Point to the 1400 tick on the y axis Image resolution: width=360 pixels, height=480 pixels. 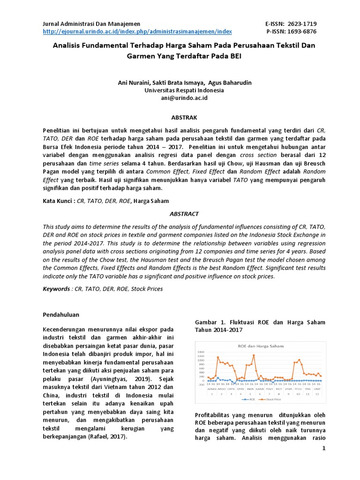pyautogui.click(x=201, y=352)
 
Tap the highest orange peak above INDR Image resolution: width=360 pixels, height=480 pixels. pyautogui.click(x=254, y=355)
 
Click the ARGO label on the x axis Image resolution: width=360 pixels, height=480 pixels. pyautogui.click(x=221, y=389)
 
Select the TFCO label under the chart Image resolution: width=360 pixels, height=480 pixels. pyautogui.click(x=298, y=389)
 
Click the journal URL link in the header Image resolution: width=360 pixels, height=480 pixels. pyautogui.click(x=137, y=31)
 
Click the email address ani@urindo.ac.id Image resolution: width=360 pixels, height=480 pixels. pyautogui.click(x=184, y=98)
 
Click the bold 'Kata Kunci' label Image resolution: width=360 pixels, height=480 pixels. pyautogui.click(x=59, y=201)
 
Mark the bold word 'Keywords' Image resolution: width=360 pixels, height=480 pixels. pyautogui.click(x=56, y=289)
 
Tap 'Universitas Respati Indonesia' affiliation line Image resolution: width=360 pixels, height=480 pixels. pyautogui.click(x=184, y=90)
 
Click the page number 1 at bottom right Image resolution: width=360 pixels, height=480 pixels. pyautogui.click(x=323, y=449)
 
